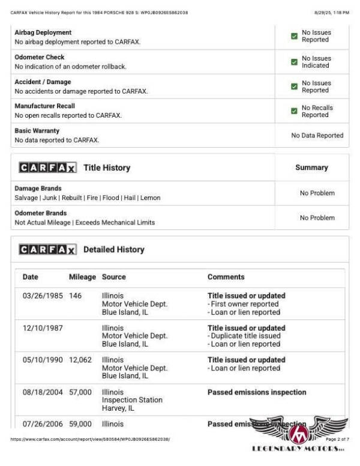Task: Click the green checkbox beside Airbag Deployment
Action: [294, 36]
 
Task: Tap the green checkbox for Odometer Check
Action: [294, 62]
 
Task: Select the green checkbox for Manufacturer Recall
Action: [294, 111]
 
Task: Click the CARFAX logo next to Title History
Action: [47, 168]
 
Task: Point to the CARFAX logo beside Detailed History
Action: [47, 249]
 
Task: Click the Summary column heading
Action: [311, 168]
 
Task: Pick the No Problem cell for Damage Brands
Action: [317, 193]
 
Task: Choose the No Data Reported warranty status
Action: [317, 136]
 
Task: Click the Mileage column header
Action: [82, 277]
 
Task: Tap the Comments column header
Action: [226, 277]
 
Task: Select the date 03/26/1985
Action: [43, 295]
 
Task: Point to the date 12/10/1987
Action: [43, 328]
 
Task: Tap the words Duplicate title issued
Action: [245, 336]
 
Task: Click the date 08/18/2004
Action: [43, 392]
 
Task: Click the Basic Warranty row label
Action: [37, 130]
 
